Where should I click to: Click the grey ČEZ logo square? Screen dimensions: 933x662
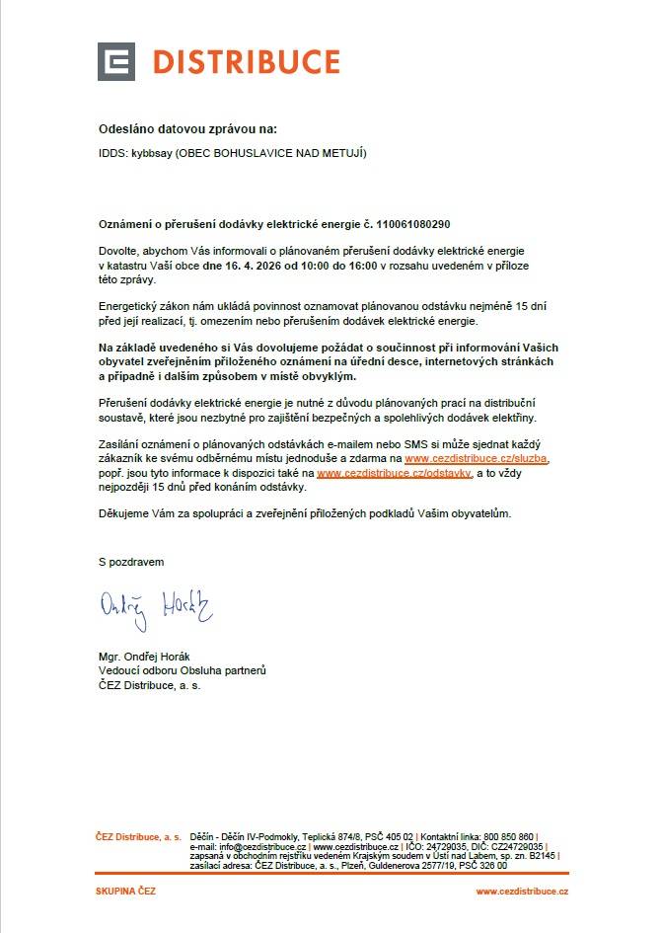click(116, 62)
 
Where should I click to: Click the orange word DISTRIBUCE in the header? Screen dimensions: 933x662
click(246, 62)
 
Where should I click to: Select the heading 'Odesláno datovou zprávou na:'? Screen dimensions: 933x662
click(188, 129)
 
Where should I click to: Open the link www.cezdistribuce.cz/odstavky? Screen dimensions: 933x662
click(395, 474)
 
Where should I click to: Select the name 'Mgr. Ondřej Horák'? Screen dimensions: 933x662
click(148, 656)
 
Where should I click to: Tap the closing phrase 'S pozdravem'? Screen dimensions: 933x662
click(131, 561)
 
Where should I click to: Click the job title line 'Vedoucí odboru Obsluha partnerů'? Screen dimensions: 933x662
click(183, 670)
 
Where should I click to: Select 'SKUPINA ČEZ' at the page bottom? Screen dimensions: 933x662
click(125, 892)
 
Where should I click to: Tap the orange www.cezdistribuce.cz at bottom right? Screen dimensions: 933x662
click(522, 892)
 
